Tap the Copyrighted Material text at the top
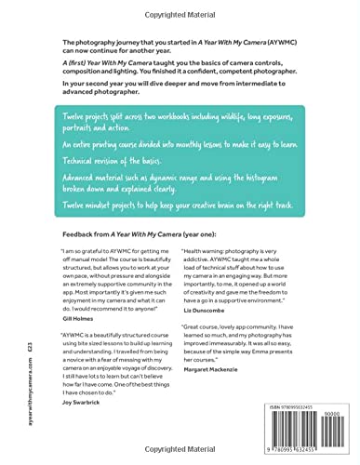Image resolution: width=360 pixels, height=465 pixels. (180, 14)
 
